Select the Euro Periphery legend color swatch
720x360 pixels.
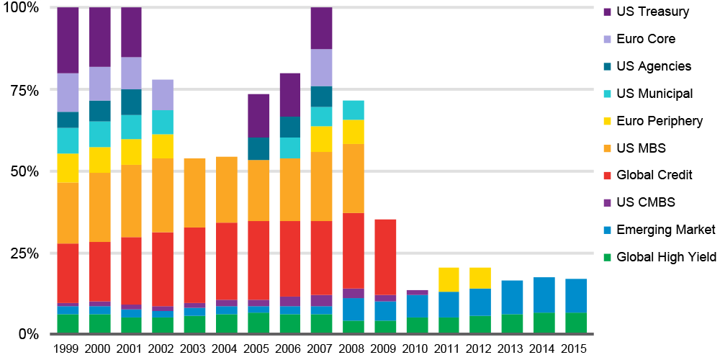606,121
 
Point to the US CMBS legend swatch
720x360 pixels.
606,202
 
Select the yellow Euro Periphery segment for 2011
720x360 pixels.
448,279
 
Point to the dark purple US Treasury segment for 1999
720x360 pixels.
68,40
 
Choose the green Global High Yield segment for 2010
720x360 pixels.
416,325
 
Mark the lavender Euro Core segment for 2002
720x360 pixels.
163,94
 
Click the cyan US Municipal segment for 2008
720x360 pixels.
353,110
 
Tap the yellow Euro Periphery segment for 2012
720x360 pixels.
480,278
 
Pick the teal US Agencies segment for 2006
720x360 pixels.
289,127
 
